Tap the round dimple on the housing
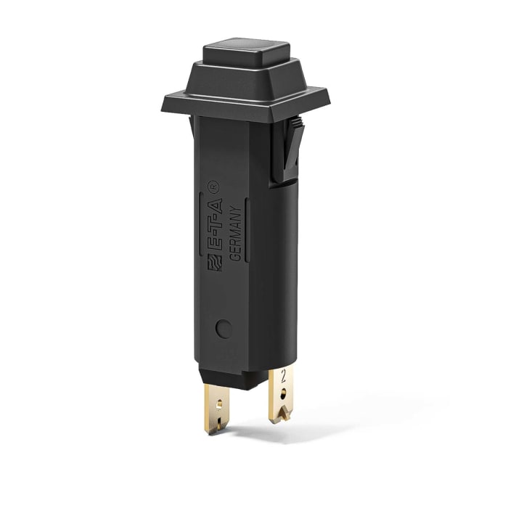coord(225,329)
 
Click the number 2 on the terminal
coord(281,378)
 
